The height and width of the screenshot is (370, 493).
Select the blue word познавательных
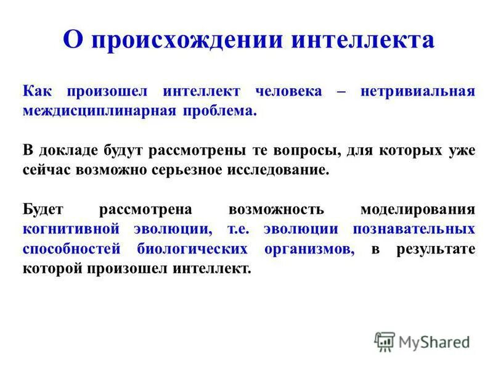click(x=414, y=229)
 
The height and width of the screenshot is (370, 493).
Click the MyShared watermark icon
click(x=385, y=341)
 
